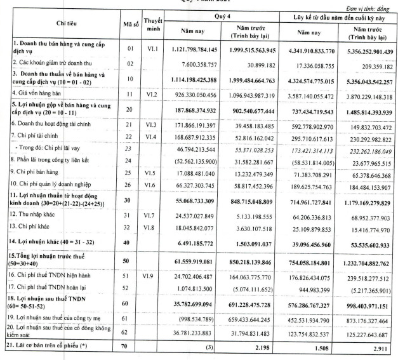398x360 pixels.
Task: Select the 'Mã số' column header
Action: (130, 23)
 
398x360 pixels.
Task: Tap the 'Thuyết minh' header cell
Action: (154, 23)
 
